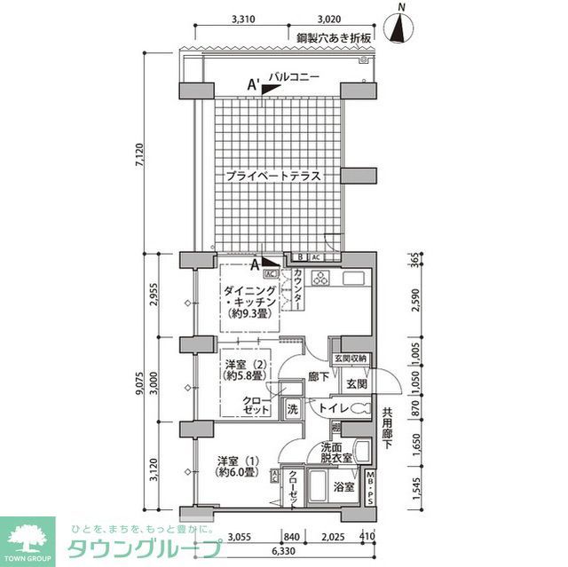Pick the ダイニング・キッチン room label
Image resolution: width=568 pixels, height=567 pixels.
tap(251, 303)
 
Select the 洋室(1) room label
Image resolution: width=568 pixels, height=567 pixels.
tap(238, 466)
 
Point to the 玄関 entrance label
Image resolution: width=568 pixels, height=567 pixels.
tap(357, 382)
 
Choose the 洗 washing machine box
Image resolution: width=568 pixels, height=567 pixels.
tap(292, 410)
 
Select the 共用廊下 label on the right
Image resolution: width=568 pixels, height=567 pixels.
tap(387, 429)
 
